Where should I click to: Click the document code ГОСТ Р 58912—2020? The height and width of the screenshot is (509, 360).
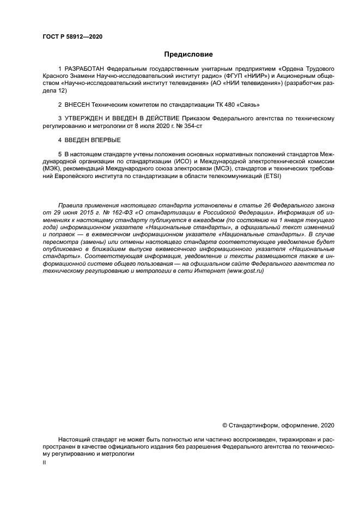click(x=72, y=37)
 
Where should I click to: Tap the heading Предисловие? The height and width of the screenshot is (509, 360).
click(x=188, y=54)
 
